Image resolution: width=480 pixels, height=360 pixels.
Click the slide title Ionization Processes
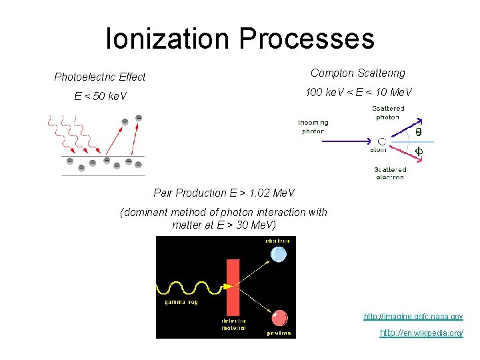(x=240, y=38)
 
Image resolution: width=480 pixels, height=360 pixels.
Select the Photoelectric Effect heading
(x=99, y=77)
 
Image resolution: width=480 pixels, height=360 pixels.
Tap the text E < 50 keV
(x=100, y=97)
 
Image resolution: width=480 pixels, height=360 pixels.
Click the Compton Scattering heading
(x=357, y=73)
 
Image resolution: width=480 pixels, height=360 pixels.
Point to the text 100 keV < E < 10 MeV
(x=358, y=92)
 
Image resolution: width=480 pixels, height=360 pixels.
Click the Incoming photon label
(x=313, y=127)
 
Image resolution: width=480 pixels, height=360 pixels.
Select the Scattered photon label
(x=387, y=113)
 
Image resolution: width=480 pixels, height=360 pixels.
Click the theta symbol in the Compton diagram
(x=419, y=132)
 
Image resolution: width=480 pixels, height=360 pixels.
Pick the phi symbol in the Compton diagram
(x=419, y=151)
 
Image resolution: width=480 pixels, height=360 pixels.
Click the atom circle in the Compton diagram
(x=382, y=141)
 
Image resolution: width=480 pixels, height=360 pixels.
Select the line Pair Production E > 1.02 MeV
(x=224, y=193)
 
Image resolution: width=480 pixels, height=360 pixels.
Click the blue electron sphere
(x=279, y=254)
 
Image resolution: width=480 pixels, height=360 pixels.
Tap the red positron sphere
(x=279, y=318)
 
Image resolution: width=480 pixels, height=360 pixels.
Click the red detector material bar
(x=233, y=287)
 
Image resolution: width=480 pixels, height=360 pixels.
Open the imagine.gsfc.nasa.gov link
(x=413, y=317)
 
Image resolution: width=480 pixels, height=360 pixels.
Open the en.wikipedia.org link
(x=421, y=333)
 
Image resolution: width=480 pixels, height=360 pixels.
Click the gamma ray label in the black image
(x=181, y=303)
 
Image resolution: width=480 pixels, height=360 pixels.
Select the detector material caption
(x=233, y=324)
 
